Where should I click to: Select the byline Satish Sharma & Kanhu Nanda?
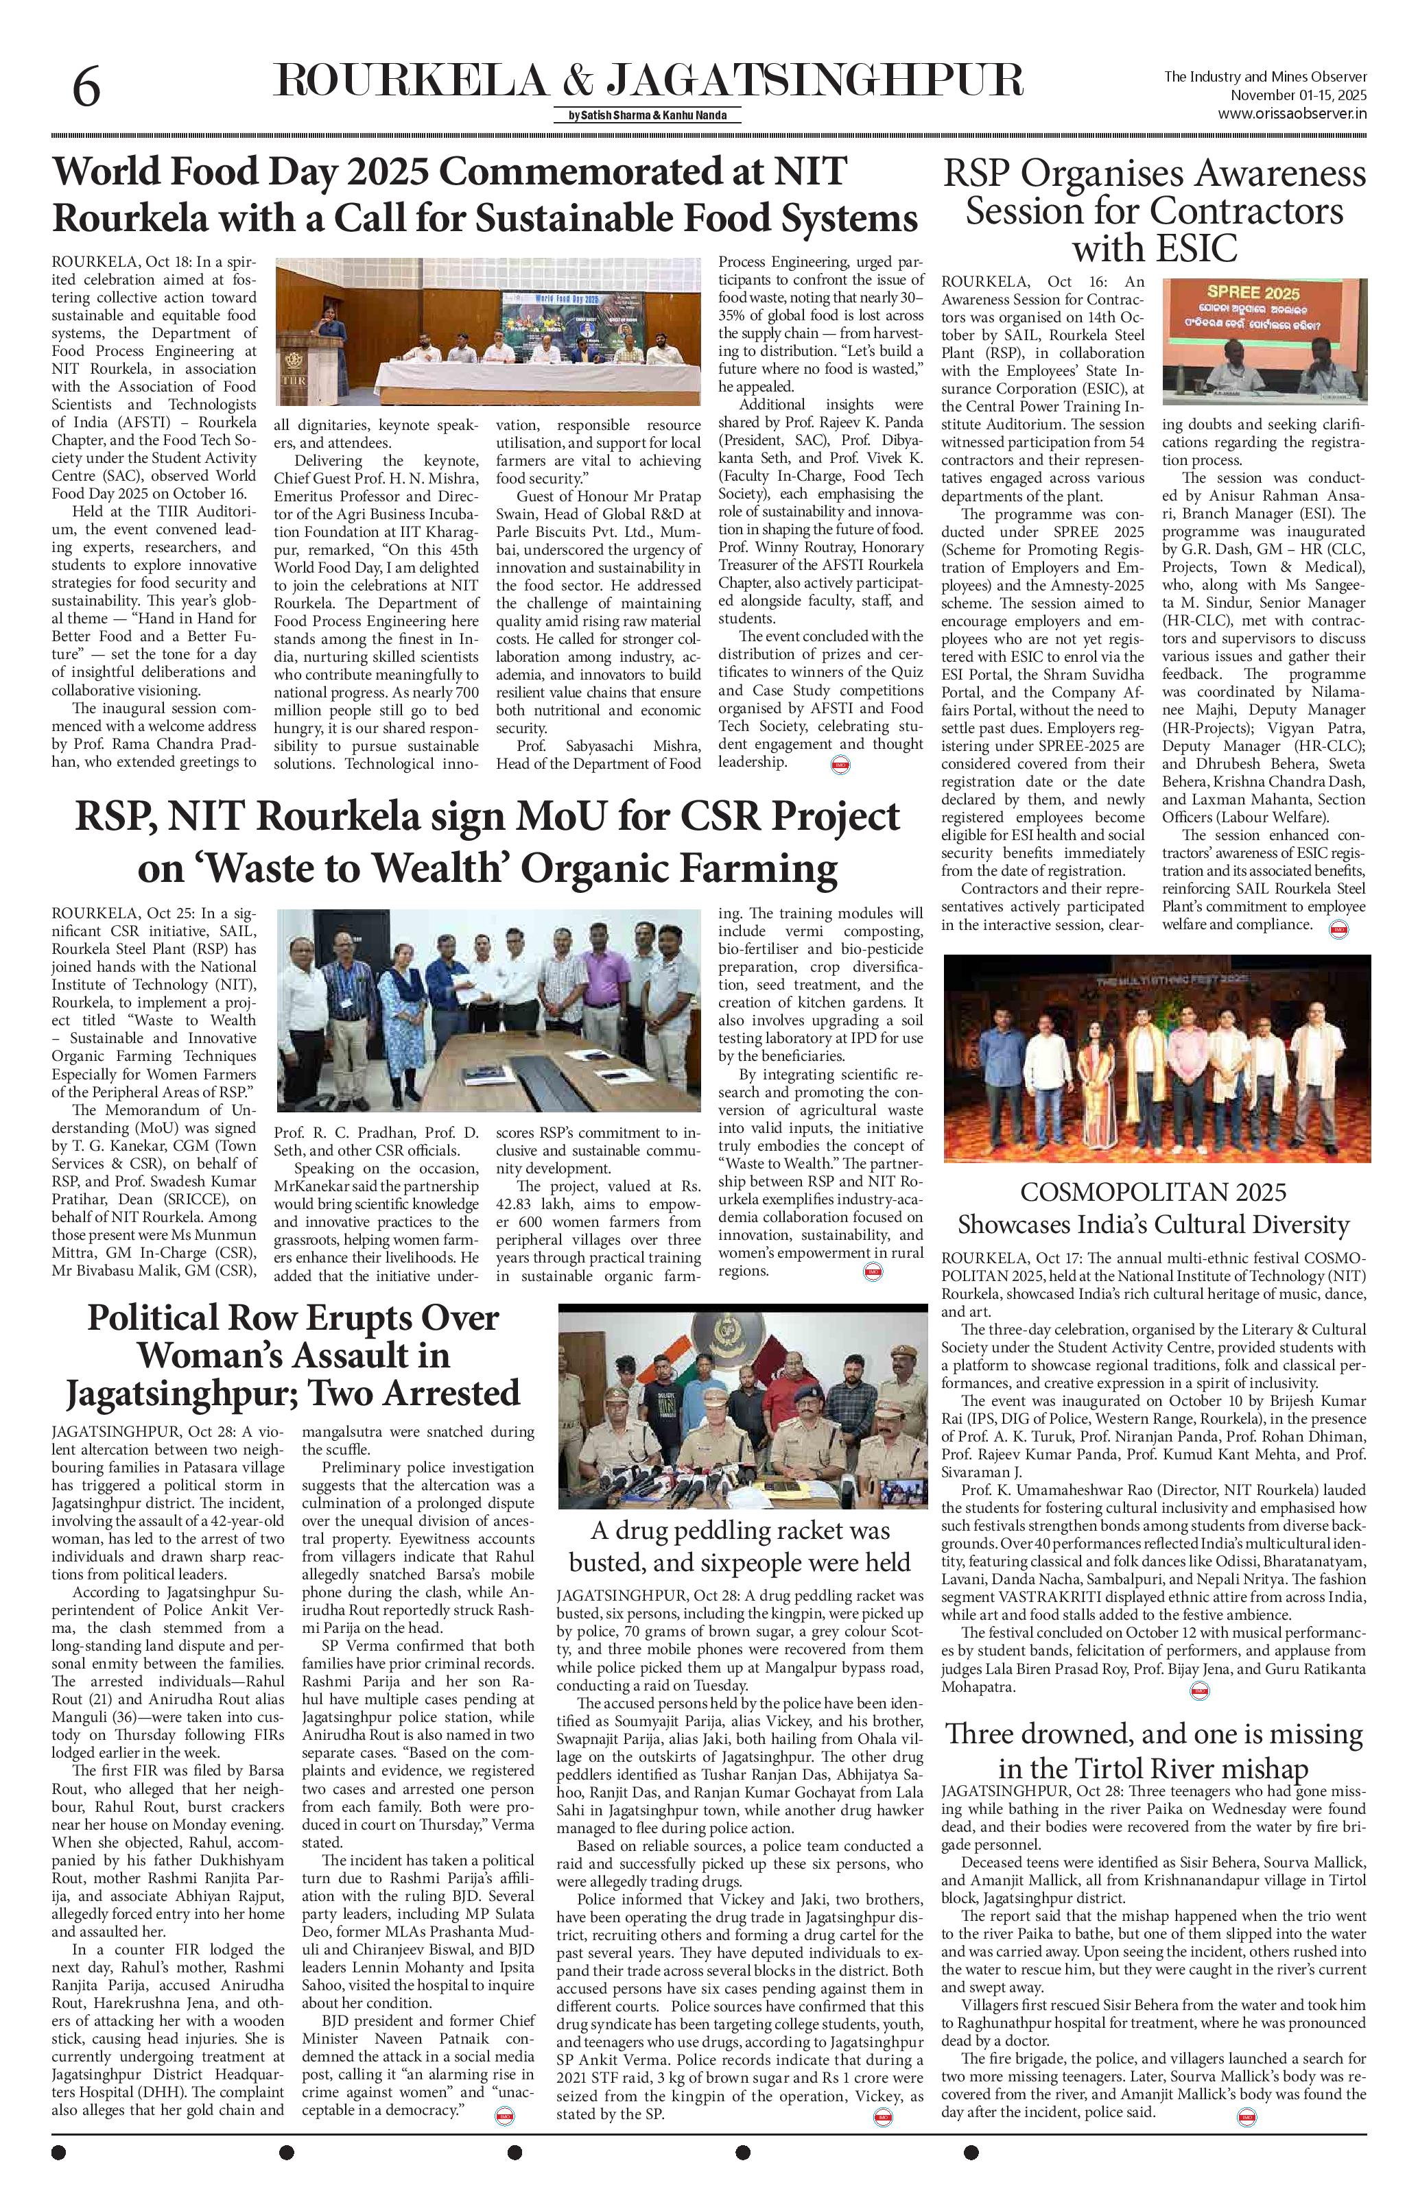coord(647,116)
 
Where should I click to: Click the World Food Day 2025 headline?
coord(485,195)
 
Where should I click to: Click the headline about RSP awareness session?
coord(1155,211)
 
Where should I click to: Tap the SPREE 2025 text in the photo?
coord(1264,295)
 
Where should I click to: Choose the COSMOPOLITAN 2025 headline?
coord(1153,1208)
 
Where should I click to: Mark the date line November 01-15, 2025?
coord(1299,95)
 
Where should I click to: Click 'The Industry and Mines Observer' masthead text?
coord(1266,77)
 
